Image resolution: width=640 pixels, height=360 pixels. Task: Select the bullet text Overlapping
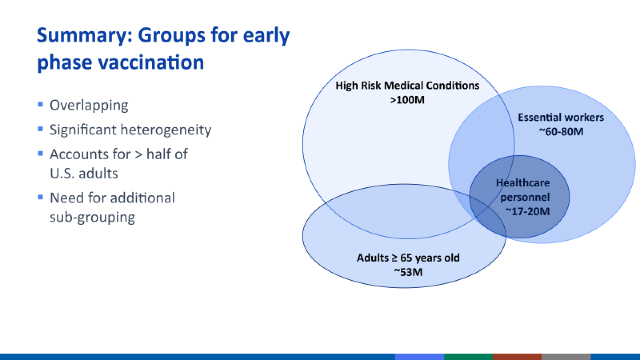88,105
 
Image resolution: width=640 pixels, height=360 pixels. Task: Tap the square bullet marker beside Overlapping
40,105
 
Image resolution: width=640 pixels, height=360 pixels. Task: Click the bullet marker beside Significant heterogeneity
40,130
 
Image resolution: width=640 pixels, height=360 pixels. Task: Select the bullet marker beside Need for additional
40,197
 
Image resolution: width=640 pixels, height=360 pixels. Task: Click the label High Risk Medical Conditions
408,86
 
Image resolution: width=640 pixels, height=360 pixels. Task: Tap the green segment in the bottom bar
468,356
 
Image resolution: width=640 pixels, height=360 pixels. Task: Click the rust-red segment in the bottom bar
517,356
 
